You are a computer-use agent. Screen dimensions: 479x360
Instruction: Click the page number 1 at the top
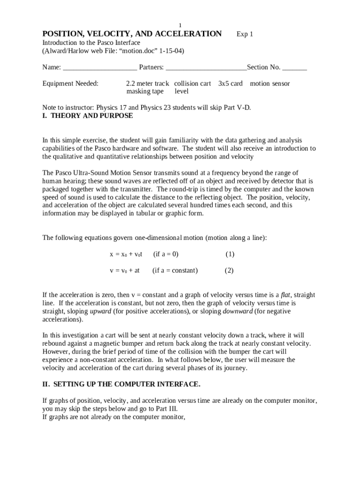[180, 25]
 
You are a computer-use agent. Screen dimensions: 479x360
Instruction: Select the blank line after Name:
[100, 67]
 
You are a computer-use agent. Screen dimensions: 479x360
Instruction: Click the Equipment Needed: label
[71, 84]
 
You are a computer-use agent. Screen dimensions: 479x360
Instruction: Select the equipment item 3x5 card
[230, 84]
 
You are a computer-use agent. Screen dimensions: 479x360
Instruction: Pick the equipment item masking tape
[145, 92]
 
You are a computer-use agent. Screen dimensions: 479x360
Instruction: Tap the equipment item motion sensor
[270, 84]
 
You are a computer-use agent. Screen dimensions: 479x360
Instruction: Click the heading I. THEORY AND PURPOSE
[88, 116]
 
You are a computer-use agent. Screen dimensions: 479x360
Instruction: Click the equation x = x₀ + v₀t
[126, 254]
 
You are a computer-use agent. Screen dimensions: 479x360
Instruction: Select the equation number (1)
[230, 254]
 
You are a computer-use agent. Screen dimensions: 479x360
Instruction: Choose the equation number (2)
[229, 270]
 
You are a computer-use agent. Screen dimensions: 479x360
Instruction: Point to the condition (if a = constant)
[175, 270]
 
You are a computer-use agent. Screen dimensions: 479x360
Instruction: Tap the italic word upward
[101, 312]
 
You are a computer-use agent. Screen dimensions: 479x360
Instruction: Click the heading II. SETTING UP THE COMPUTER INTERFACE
[122, 385]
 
